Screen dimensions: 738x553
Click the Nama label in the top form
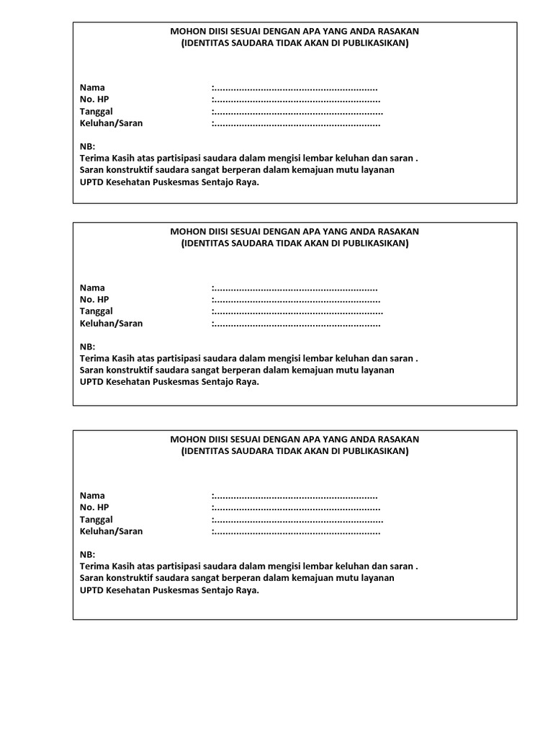[x=92, y=88]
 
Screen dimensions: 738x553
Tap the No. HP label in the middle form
[x=94, y=300]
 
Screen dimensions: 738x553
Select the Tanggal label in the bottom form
[x=96, y=520]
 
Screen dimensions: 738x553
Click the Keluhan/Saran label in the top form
[x=111, y=123]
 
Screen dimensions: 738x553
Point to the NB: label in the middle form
[x=87, y=347]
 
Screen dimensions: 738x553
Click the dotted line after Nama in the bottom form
[x=295, y=496]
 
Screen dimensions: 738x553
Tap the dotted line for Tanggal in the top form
[x=297, y=112]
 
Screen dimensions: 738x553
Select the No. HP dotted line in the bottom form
[x=296, y=507]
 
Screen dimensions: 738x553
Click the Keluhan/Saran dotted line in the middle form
[x=296, y=324]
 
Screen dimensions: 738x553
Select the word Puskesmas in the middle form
[x=176, y=382]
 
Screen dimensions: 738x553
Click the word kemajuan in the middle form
[x=334, y=370]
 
